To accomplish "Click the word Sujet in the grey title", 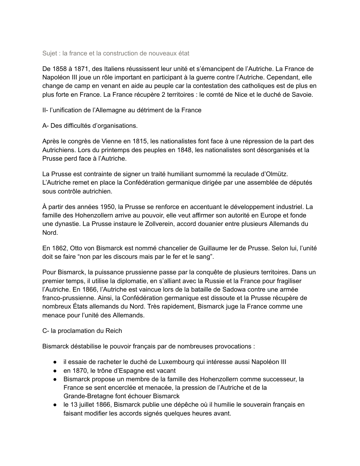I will coord(50,53).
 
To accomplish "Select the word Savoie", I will coord(302,95).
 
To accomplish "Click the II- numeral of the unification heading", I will coord(45,110).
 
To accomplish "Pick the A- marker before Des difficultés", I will coord(46,126).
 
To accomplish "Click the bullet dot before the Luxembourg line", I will coord(55,362).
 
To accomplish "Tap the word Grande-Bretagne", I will coord(86,396).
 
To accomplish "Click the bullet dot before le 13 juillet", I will coord(55,405).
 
